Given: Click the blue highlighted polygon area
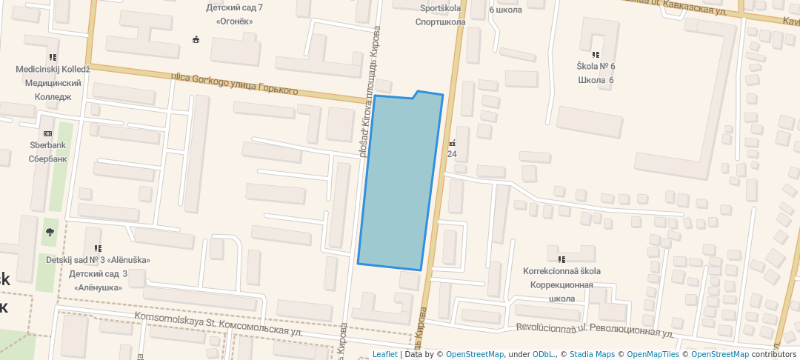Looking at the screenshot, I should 400,181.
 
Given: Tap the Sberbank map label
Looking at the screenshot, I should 48,145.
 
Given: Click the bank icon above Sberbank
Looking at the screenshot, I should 48,133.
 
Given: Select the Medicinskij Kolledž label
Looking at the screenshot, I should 53,70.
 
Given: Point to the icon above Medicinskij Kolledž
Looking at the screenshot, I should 53,57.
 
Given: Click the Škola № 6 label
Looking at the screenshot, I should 596,67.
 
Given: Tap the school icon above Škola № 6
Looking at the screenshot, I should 596,54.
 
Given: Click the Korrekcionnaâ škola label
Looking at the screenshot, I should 561,271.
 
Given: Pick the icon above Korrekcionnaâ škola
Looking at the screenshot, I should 561,259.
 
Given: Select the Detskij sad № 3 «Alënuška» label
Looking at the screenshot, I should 98,260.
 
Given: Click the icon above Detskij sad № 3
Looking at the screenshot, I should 98,248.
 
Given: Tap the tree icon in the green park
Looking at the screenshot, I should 50,232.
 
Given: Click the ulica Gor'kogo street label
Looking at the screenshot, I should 234,83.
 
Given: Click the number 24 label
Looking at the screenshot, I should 452,154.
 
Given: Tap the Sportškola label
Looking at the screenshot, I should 440,9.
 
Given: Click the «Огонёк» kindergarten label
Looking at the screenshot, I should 235,21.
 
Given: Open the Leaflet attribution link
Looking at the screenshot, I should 384,354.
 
